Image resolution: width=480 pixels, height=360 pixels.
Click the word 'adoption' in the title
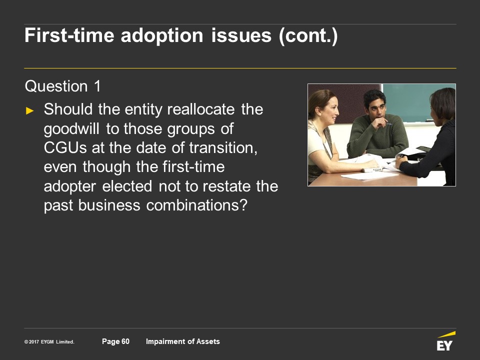(x=162, y=35)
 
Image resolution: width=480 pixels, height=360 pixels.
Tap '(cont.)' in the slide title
(x=308, y=36)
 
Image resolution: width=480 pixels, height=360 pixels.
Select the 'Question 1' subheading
(x=63, y=86)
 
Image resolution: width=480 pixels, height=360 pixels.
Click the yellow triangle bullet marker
(x=29, y=110)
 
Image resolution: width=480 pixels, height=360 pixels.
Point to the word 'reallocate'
(x=201, y=109)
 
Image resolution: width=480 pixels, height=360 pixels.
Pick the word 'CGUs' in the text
(x=65, y=148)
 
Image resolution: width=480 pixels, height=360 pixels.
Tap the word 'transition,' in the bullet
(x=223, y=148)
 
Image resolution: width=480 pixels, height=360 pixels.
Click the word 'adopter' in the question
(x=70, y=186)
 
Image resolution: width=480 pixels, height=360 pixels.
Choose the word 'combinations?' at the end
(x=196, y=205)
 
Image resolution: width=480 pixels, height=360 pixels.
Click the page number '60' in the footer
(x=125, y=341)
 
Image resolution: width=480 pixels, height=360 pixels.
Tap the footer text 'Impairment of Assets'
(x=183, y=341)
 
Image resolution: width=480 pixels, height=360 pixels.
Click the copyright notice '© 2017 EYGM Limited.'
(x=49, y=341)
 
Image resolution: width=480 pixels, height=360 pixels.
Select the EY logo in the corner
(x=445, y=341)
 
